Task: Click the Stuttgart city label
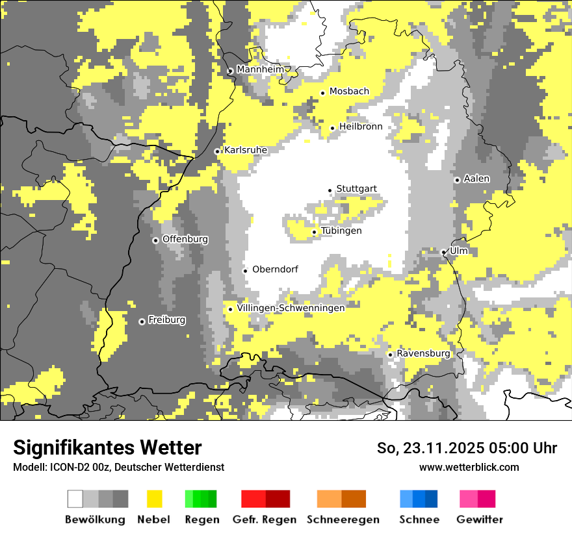point(356,189)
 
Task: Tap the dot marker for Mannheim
point(230,71)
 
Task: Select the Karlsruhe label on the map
point(246,150)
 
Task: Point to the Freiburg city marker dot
point(142,321)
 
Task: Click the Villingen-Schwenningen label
point(291,308)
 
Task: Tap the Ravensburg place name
point(423,353)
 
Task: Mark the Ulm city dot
point(444,252)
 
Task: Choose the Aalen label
point(476,179)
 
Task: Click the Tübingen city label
point(341,231)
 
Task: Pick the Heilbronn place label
point(361,127)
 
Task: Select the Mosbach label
point(349,92)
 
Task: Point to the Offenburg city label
point(185,239)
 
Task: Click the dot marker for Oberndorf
point(245,271)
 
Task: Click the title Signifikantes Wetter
point(107,447)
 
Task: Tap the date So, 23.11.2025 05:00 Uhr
point(467,448)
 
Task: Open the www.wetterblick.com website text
point(469,467)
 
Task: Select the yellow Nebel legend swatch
point(154,499)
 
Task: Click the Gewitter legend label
point(480,520)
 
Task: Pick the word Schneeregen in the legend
point(343,520)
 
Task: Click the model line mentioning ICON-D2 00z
point(118,467)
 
